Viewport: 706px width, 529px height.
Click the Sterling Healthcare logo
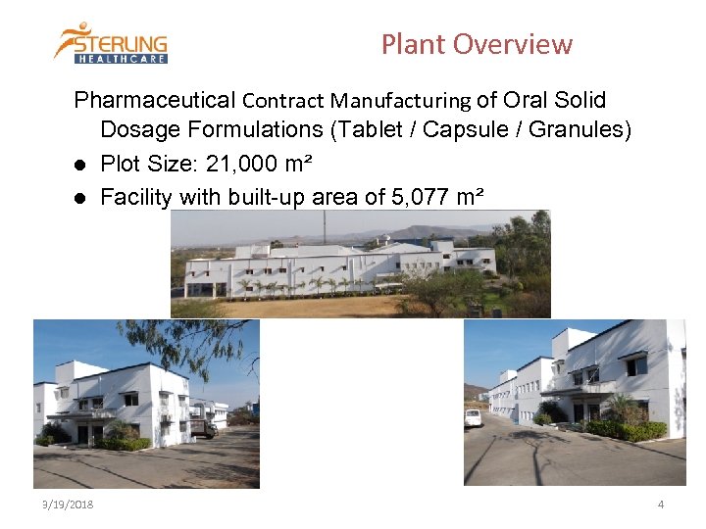tap(111, 42)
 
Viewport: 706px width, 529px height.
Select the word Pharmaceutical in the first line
tap(155, 100)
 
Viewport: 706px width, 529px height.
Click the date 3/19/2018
tap(68, 505)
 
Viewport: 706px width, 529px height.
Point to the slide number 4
tap(661, 505)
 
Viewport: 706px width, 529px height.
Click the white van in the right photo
tap(474, 417)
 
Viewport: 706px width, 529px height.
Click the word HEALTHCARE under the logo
tap(123, 58)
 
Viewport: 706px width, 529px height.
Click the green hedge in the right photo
tap(628, 430)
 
